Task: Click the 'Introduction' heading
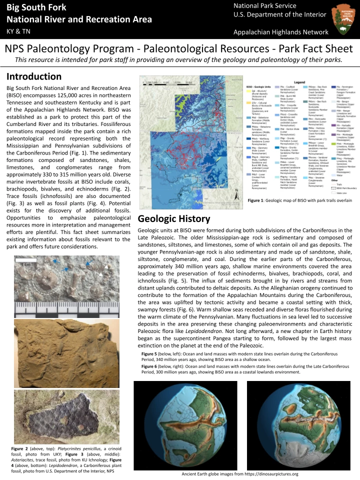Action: tap(34, 76)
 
